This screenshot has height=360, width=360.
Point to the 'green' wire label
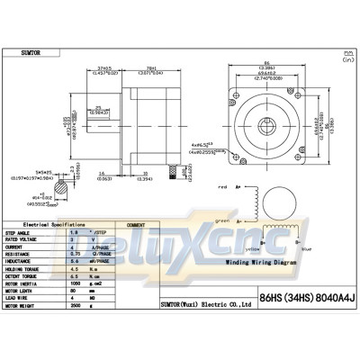(221, 220)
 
